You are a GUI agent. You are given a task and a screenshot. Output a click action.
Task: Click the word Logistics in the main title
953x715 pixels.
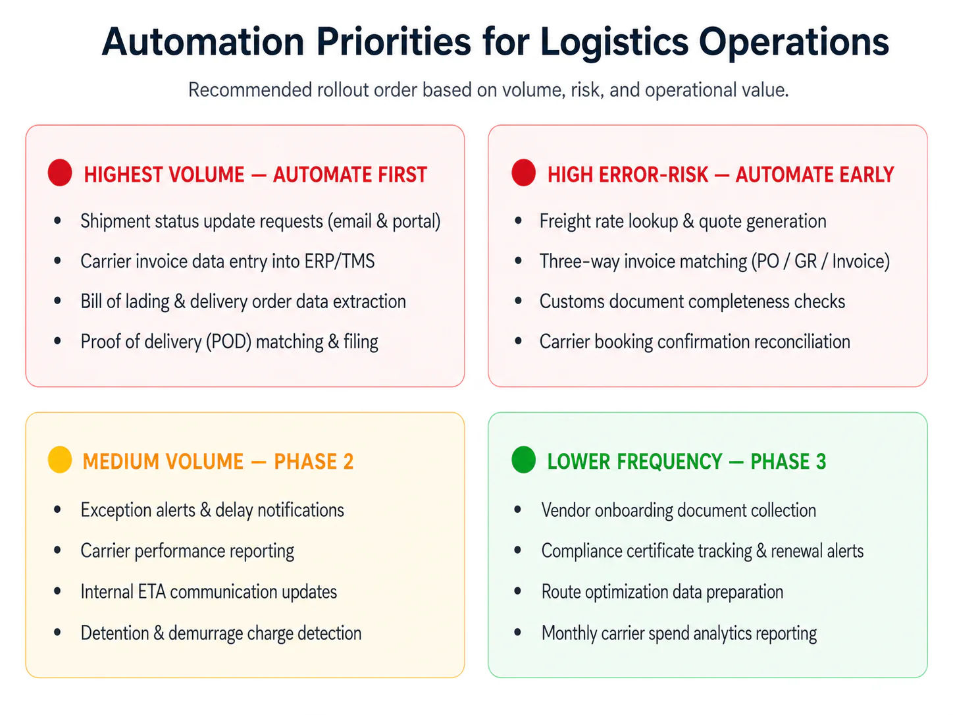[614, 43]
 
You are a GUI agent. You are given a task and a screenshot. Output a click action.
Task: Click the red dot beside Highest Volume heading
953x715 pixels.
[60, 172]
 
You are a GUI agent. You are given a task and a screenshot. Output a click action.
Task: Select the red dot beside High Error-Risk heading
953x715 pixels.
[524, 172]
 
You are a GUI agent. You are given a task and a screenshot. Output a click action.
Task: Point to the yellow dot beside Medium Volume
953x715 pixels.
[60, 460]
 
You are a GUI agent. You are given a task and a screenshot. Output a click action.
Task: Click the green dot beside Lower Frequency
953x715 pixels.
[524, 460]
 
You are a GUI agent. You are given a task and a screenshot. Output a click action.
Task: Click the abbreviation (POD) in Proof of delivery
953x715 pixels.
[228, 342]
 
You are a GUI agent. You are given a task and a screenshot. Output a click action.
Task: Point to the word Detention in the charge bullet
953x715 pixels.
[115, 633]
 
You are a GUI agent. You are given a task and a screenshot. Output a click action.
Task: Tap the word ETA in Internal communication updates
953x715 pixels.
[151, 592]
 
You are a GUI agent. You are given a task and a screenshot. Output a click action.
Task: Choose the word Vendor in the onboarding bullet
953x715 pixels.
[566, 510]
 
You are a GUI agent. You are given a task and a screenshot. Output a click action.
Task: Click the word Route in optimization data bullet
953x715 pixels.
[561, 592]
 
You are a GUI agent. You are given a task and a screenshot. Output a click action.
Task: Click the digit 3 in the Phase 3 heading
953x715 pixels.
[821, 462]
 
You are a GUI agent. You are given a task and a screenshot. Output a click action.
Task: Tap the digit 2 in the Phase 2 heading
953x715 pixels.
[348, 462]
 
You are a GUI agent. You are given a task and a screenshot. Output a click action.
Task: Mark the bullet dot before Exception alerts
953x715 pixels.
[57, 510]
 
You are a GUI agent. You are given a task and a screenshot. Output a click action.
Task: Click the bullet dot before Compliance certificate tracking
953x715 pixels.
[517, 550]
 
